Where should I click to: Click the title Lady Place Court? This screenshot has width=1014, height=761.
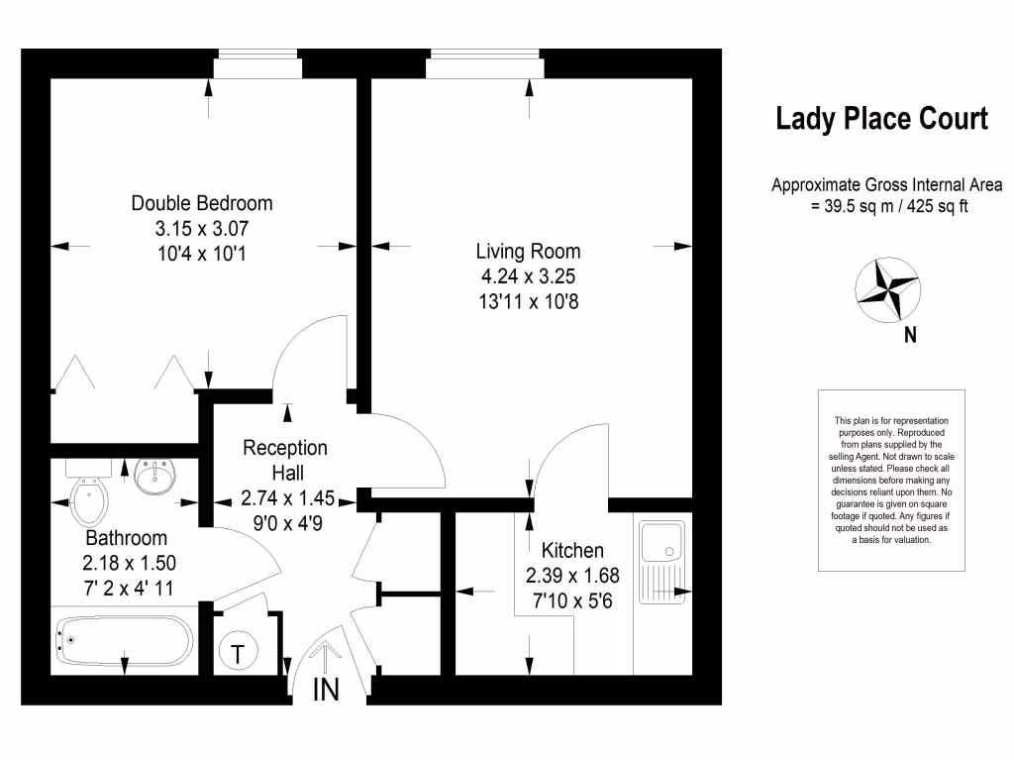[881, 120]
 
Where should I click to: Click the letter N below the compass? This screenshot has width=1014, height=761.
[910, 335]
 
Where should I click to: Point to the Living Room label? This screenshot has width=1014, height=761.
[528, 251]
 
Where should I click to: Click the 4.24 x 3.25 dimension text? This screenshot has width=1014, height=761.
[527, 276]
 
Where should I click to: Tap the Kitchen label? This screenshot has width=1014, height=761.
[572, 550]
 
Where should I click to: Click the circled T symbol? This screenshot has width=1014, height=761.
[239, 653]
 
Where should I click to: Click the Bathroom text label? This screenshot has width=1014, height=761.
[126, 538]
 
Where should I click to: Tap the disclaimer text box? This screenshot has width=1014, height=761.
[891, 481]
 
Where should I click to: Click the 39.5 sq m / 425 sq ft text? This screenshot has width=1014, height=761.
[888, 207]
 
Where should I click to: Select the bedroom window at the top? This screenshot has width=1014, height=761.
[258, 65]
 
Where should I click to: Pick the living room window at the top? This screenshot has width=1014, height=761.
[484, 65]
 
